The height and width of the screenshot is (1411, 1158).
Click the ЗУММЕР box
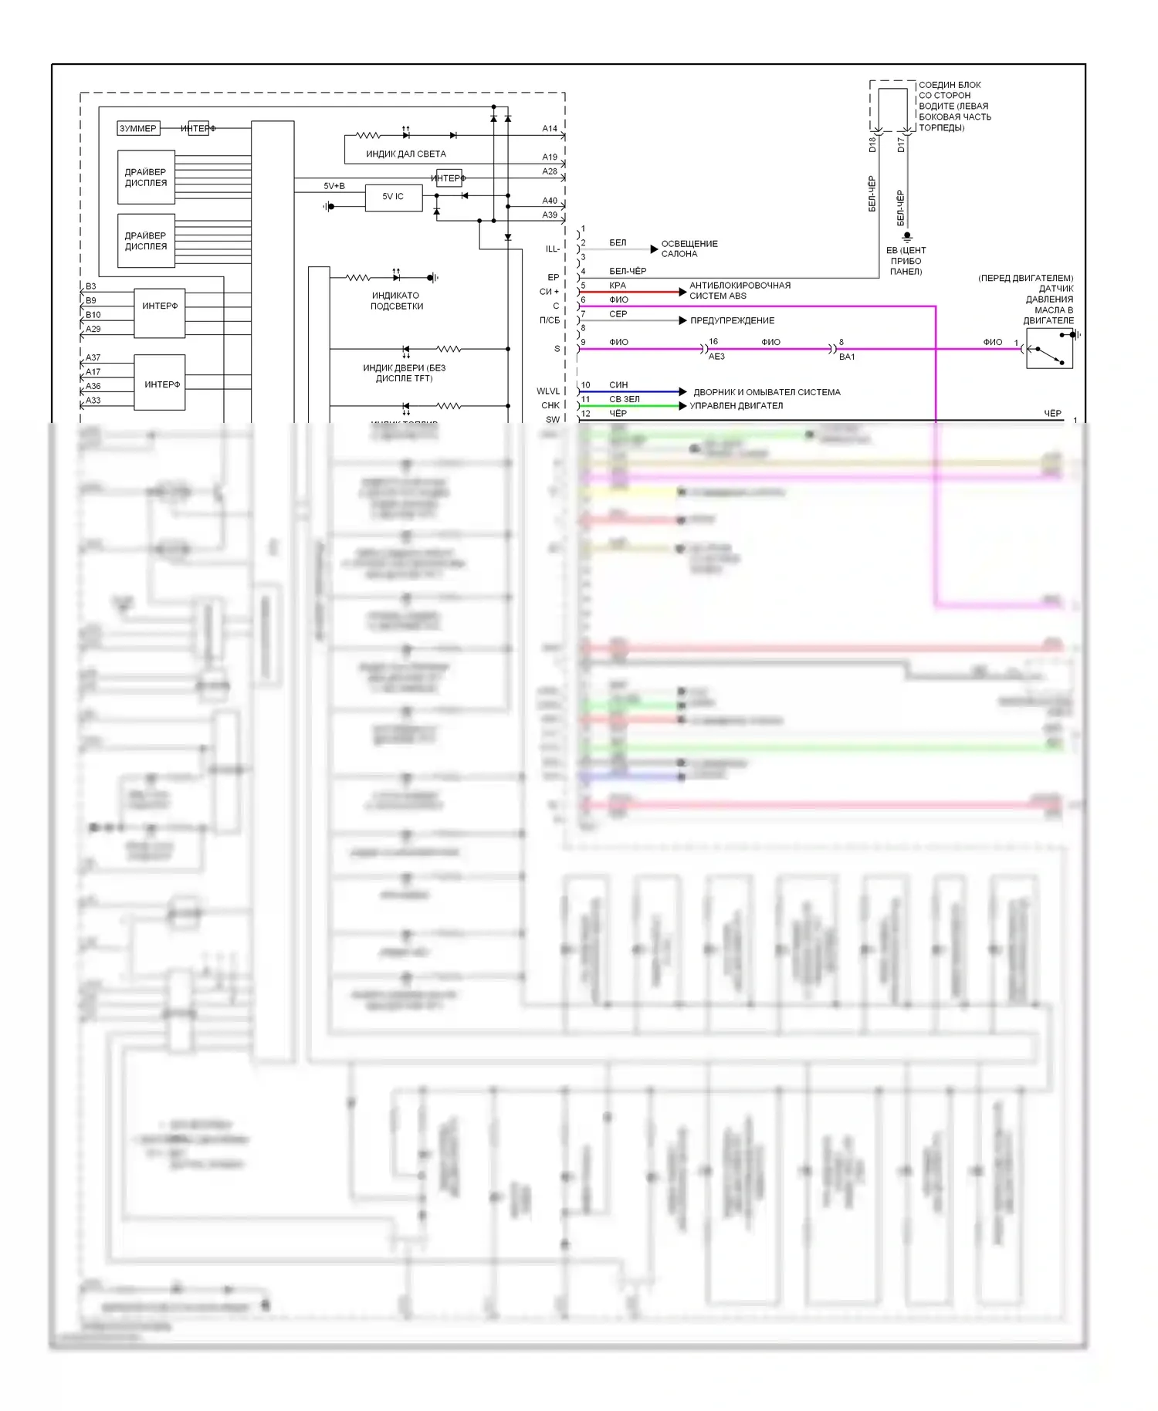138,128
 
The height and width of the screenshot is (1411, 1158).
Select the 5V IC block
393,197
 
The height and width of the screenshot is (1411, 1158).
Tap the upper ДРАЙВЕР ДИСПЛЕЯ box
146,178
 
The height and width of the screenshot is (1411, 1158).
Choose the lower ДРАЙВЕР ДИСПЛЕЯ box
146,241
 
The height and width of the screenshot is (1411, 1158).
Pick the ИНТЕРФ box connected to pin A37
160,383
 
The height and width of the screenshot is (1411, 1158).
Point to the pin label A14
549,129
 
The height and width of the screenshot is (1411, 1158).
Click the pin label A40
549,201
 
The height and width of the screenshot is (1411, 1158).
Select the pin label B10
93,315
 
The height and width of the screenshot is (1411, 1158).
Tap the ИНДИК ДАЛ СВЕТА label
405,154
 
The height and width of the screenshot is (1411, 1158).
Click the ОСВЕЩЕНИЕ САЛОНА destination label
689,249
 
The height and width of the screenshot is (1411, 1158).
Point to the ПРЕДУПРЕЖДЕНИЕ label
732,320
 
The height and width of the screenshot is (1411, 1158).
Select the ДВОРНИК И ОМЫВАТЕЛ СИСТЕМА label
767,392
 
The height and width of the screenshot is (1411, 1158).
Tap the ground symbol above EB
907,236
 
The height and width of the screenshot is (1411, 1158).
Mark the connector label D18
873,144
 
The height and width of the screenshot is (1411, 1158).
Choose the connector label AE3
716,357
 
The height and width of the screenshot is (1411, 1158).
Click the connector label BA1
847,357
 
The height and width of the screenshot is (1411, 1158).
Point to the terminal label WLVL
548,391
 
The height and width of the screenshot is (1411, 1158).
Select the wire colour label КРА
618,286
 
